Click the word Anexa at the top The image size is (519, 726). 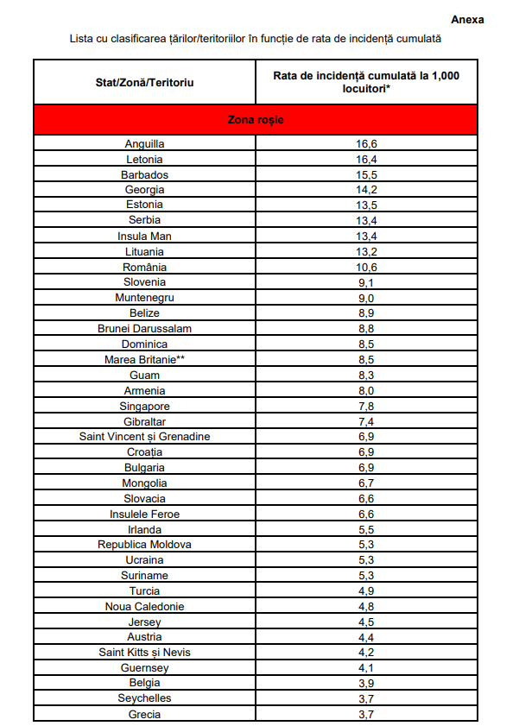coord(467,19)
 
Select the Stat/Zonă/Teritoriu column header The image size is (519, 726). coord(144,81)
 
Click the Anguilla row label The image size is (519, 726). coord(144,144)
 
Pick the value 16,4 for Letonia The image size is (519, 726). coord(367,160)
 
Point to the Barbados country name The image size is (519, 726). coord(144,175)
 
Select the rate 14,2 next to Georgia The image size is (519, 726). coord(367,190)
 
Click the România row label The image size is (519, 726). coord(144,267)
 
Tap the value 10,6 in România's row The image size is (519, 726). coord(367,267)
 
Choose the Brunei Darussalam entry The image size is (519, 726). coord(144,329)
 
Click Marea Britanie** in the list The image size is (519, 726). coord(144,359)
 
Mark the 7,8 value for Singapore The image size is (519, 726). coord(367,406)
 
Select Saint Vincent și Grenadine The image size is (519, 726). coord(144,437)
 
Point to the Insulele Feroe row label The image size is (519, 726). coord(144,514)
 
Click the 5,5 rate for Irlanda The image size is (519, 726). coord(367,529)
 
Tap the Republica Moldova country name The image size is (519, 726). coord(144,545)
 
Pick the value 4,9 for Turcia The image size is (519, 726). coord(367,590)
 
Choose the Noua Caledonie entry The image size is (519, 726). coord(144,606)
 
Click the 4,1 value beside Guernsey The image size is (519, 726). coord(367,667)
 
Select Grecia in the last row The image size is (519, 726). coord(144,714)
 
